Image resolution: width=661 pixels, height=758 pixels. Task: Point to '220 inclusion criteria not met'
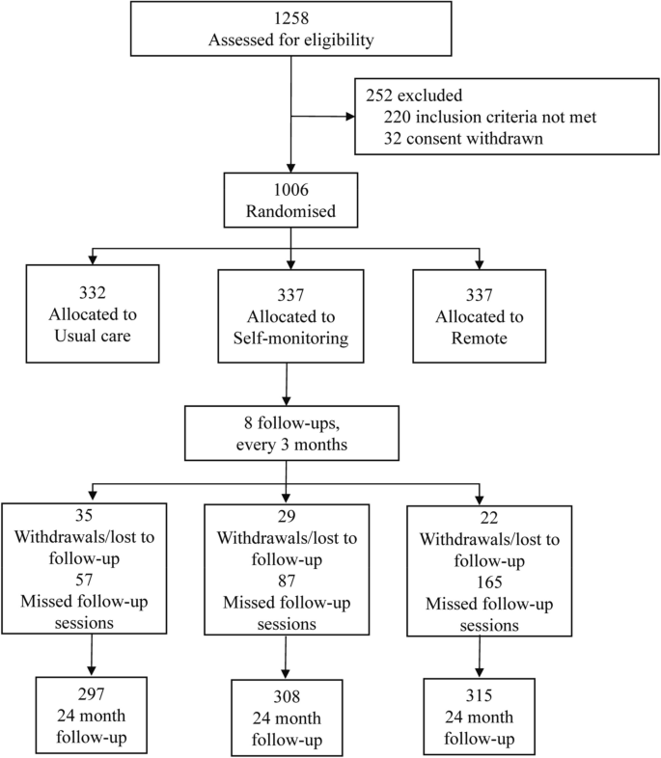tap(488, 119)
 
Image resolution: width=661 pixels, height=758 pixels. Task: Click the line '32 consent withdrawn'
tap(458, 139)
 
